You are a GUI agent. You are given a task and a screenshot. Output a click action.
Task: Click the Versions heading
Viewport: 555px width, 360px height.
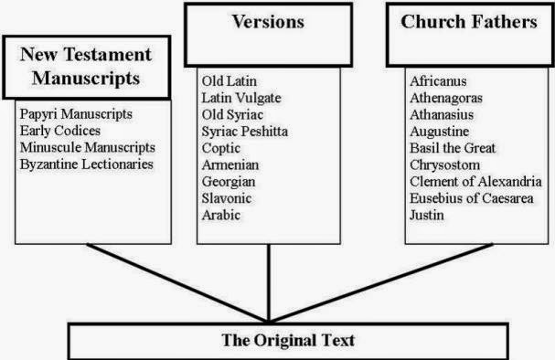tap(268, 22)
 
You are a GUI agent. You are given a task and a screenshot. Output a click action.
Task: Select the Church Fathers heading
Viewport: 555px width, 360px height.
tap(469, 22)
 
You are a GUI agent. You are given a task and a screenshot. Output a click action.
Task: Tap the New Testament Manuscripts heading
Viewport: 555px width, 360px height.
tap(86, 66)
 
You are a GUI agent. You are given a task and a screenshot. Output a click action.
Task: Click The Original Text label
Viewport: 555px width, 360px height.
tap(288, 340)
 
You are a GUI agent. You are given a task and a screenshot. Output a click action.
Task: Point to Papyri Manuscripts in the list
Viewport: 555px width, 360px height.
tap(76, 114)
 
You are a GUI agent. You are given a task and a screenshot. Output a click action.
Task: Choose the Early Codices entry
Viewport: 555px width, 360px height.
tap(60, 131)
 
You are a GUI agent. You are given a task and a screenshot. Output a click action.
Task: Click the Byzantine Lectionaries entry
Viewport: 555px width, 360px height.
tap(87, 164)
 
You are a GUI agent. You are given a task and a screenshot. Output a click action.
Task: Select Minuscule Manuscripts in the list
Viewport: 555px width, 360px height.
tap(88, 147)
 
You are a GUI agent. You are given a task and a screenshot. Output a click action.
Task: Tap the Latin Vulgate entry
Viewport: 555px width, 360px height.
tap(241, 98)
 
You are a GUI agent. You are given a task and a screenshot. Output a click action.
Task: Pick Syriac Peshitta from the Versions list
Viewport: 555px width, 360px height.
tap(245, 132)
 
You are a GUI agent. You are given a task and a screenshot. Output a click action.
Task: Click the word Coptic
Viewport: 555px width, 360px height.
tap(221, 149)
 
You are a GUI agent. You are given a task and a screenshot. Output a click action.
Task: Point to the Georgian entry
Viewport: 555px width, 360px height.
tap(229, 182)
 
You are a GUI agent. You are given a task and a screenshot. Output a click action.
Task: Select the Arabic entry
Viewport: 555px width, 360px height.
tap(221, 215)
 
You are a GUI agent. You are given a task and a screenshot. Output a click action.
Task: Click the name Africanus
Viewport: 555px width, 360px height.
tap(438, 81)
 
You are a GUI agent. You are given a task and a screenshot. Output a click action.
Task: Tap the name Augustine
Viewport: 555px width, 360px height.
tap(440, 132)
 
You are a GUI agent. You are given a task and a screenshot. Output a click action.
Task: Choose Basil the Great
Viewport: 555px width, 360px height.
tap(453, 148)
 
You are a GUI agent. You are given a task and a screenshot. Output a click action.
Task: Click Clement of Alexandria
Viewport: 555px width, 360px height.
tap(475, 182)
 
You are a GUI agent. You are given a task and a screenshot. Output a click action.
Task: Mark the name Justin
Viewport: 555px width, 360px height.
tap(427, 215)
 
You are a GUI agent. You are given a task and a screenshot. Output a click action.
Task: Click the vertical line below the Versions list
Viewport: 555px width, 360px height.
tap(269, 283)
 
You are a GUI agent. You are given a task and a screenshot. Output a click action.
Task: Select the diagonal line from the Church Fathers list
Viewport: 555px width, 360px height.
tap(381, 283)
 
